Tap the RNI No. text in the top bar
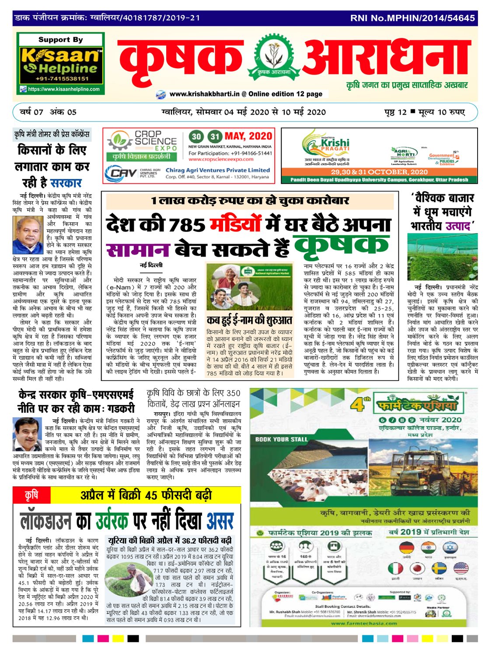(x=412, y=18)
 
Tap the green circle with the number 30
(x=197, y=136)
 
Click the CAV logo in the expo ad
(x=121, y=173)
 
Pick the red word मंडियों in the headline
(x=236, y=224)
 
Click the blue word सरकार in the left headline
(x=66, y=183)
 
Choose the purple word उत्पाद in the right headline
(x=458, y=226)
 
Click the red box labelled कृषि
(x=31, y=495)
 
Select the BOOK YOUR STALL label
(x=281, y=439)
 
